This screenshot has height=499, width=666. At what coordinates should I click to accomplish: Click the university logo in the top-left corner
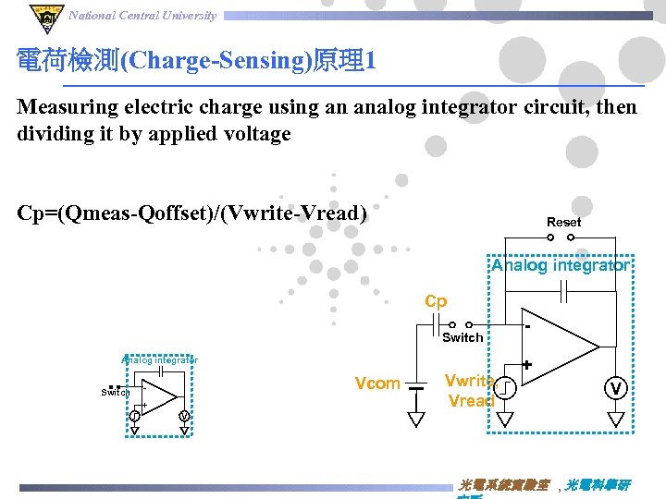click(43, 17)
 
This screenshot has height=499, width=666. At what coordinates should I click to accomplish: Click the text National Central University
click(142, 15)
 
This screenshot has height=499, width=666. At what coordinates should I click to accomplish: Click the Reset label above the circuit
click(563, 222)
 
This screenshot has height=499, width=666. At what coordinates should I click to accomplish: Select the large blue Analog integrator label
click(561, 266)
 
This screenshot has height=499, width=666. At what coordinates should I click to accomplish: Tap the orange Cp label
click(436, 302)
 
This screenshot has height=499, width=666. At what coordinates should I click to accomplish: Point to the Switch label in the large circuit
click(462, 338)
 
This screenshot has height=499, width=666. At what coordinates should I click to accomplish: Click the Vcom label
click(377, 383)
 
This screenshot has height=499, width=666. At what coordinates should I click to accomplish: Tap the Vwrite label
click(467, 381)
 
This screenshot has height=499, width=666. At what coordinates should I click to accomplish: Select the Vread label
click(469, 401)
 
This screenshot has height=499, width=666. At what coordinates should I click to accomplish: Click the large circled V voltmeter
click(616, 387)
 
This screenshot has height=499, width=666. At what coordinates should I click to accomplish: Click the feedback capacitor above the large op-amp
click(563, 293)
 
